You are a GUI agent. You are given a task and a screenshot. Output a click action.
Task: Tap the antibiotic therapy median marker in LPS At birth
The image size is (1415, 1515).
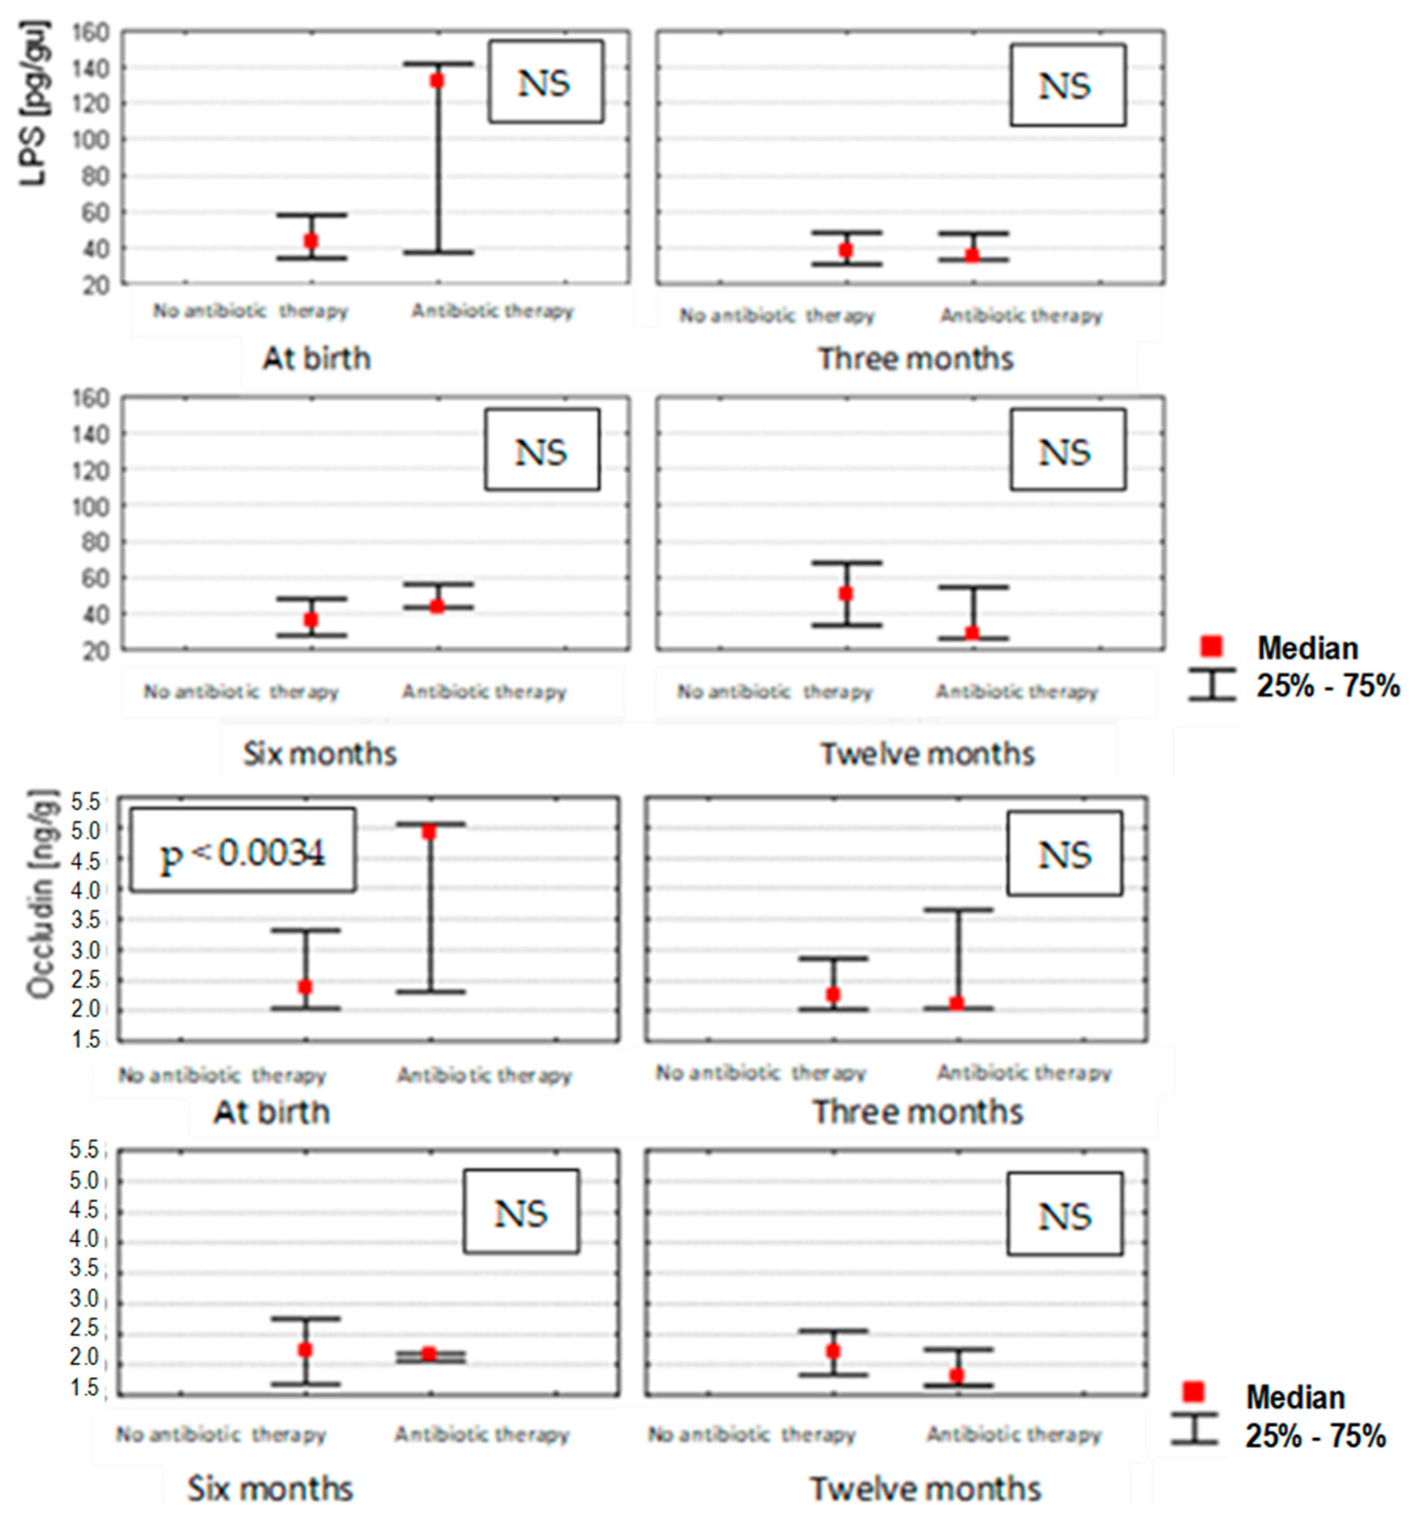point(437,80)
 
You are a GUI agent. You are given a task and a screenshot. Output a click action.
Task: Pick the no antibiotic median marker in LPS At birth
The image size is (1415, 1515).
point(310,241)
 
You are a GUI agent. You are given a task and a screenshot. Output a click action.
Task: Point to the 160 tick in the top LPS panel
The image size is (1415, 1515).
point(91,32)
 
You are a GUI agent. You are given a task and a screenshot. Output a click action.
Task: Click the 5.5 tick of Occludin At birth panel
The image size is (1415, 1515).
point(85,801)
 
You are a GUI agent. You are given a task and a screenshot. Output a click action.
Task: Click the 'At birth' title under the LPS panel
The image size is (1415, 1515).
point(316,358)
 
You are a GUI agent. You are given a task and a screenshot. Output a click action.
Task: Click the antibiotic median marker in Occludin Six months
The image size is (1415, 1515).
point(429,1353)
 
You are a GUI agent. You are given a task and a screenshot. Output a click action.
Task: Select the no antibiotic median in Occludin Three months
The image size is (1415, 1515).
point(833,994)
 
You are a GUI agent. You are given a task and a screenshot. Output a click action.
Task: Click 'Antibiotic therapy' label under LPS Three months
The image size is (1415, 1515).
point(1021,316)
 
